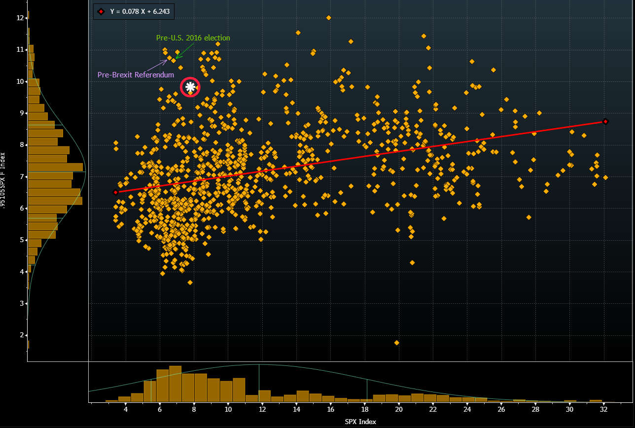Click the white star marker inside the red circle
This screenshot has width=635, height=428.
(x=190, y=87)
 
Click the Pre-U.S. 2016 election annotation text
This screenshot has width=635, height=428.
(x=193, y=38)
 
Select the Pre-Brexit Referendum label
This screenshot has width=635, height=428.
(x=136, y=75)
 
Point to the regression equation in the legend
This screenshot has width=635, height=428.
(x=139, y=11)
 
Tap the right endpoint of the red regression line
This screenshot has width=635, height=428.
(x=605, y=121)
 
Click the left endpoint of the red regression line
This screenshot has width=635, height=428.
(x=115, y=192)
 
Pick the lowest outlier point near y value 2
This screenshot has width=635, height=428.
(x=396, y=343)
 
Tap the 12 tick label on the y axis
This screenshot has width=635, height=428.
(x=20, y=18)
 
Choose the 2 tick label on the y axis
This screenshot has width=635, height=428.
(x=21, y=335)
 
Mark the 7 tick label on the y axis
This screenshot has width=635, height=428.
(x=21, y=177)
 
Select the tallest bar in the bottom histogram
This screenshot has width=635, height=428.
(x=176, y=384)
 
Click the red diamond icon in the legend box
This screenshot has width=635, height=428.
(x=101, y=11)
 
